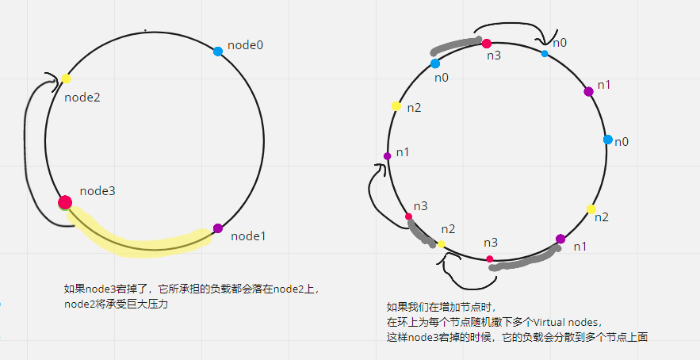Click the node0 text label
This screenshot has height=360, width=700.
coord(245,45)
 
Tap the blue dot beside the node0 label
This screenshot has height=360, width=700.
coord(218,52)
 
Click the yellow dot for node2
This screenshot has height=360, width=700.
coord(66,79)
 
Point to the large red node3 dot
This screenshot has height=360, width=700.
coord(65,202)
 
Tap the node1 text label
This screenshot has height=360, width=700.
coord(249,236)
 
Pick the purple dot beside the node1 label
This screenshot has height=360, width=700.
coord(218,228)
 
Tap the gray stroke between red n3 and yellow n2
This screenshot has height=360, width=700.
coord(423,232)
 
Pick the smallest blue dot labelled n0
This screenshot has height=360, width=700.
coord(544,54)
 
